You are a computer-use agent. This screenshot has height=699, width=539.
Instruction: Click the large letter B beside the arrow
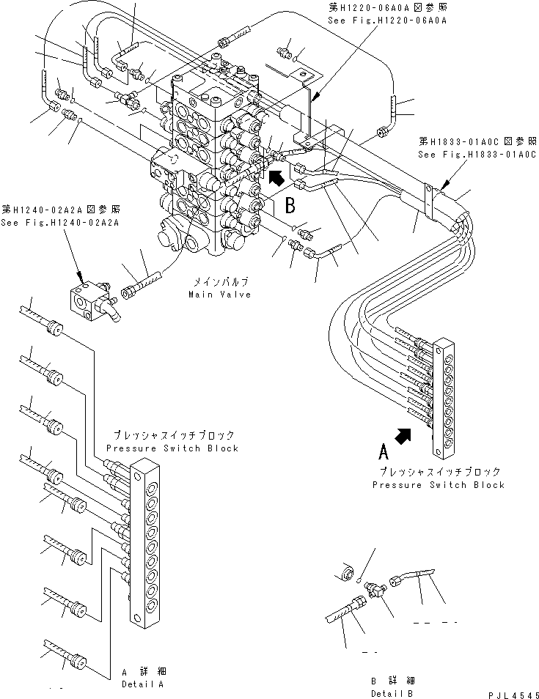(291, 204)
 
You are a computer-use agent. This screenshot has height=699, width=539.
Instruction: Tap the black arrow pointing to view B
(276, 177)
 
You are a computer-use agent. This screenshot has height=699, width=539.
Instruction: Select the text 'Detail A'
(142, 684)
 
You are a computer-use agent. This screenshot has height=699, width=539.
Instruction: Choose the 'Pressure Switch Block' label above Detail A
(172, 448)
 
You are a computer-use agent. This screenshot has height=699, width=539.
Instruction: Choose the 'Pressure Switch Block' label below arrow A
(439, 485)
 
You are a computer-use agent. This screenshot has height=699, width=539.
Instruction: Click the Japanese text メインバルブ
(221, 281)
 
